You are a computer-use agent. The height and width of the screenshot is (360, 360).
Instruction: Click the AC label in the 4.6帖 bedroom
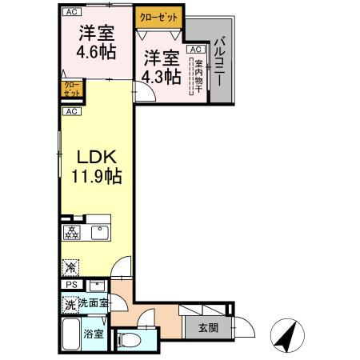click(x=71, y=12)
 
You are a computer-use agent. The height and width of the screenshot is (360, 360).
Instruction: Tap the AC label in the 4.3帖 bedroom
click(x=194, y=49)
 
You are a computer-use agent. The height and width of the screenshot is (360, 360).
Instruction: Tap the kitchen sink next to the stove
click(x=100, y=233)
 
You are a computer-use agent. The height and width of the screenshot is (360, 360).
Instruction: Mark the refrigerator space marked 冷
click(x=70, y=268)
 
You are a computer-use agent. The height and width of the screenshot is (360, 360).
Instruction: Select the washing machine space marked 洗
click(x=70, y=304)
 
